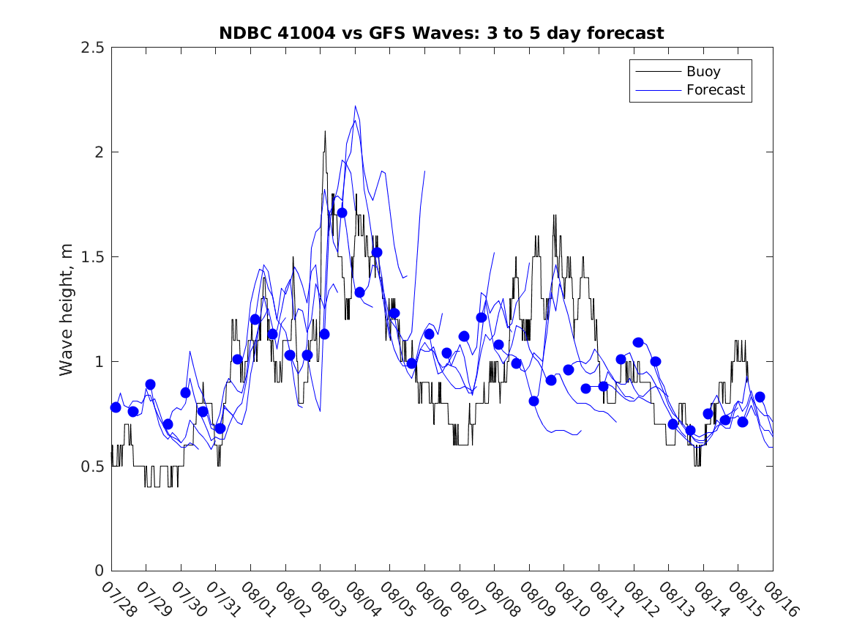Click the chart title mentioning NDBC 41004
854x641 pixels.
pos(441,33)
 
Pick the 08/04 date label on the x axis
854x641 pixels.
pos(364,599)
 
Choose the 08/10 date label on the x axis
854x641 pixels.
pos(572,599)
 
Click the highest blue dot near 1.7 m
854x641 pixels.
pos(342,212)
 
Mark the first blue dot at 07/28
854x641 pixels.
pos(116,407)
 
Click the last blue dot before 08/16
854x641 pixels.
pos(760,397)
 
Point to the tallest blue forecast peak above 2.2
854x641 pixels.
pos(355,106)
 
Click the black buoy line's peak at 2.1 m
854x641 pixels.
pos(325,132)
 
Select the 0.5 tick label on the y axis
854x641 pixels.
pos(93,467)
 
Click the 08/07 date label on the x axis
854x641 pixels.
pos(468,599)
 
